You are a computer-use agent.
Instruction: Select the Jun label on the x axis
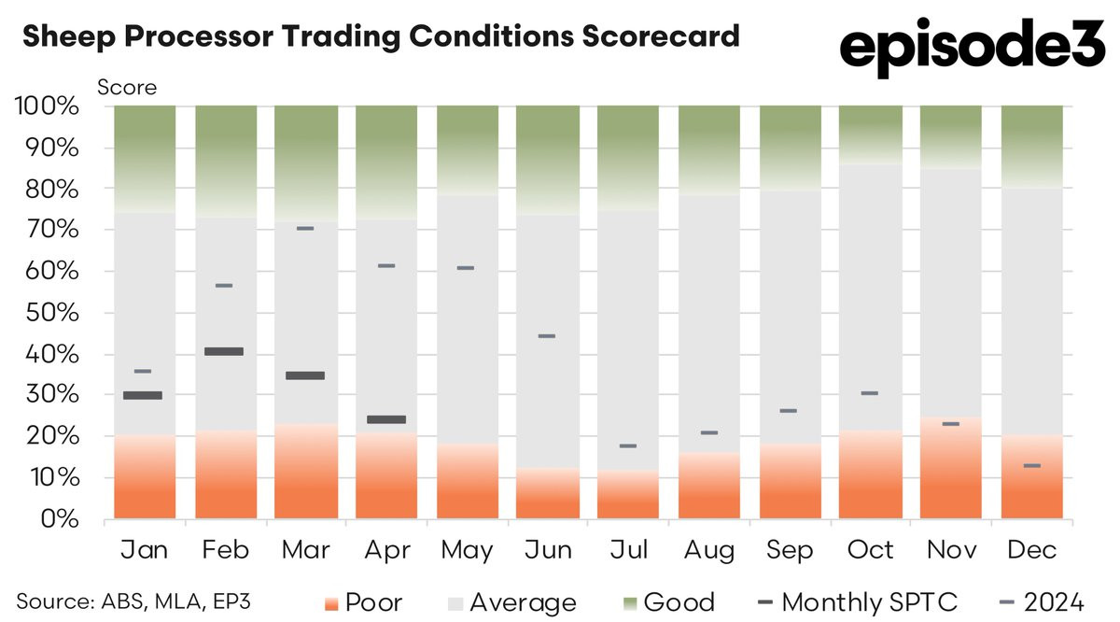click(x=548, y=550)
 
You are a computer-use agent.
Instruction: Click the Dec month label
click(x=1031, y=550)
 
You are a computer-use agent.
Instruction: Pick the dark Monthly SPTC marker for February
click(x=223, y=351)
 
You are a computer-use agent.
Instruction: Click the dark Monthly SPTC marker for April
click(x=385, y=419)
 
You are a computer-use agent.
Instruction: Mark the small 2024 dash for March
click(x=304, y=228)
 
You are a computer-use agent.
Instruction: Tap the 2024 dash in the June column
click(x=547, y=335)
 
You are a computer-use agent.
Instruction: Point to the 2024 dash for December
click(x=1031, y=465)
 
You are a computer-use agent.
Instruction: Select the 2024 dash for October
click(x=870, y=393)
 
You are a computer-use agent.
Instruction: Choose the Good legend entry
click(x=665, y=601)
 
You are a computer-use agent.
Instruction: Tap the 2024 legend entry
click(x=1035, y=601)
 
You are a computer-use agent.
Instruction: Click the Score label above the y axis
click(x=127, y=89)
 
